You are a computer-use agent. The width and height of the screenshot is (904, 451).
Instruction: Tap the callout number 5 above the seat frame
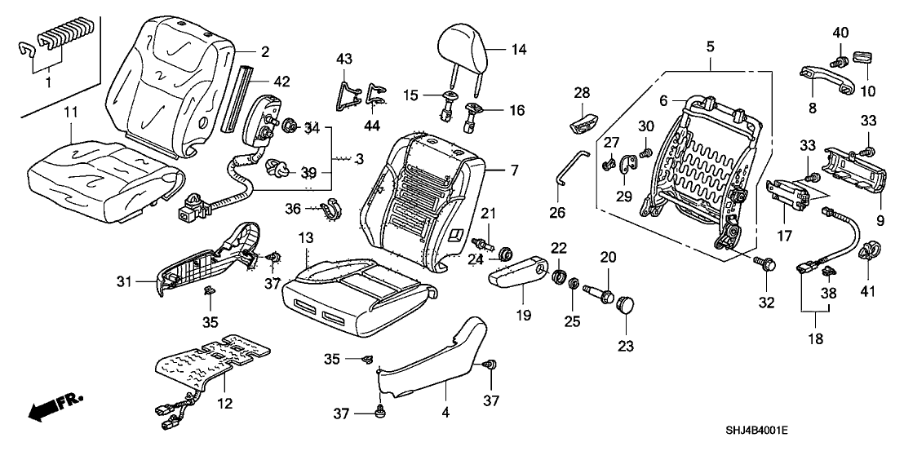pyautogui.click(x=710, y=47)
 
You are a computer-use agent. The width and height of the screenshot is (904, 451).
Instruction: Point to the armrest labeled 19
pyautogui.click(x=521, y=271)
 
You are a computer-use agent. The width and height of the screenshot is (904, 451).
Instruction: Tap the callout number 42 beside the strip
pyautogui.click(x=281, y=81)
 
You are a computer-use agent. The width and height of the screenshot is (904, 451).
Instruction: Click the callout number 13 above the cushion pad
pyautogui.click(x=306, y=237)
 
